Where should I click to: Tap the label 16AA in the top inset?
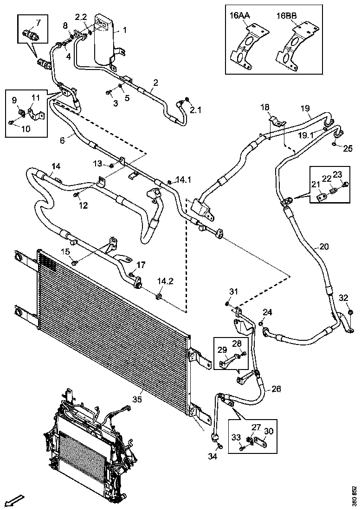click(240, 15)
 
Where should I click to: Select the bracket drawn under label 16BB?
click(294, 49)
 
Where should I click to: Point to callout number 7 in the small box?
click(38, 22)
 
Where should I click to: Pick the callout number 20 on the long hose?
click(324, 247)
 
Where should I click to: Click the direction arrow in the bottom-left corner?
click(15, 500)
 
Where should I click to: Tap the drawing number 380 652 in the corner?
click(354, 496)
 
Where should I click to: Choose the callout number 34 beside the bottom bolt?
click(213, 456)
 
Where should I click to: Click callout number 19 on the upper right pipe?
click(305, 108)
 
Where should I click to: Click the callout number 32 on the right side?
click(343, 297)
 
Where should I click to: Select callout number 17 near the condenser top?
click(141, 265)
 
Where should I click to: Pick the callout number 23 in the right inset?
click(337, 175)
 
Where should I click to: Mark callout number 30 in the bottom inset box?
click(268, 431)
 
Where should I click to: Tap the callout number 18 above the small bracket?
click(265, 108)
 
